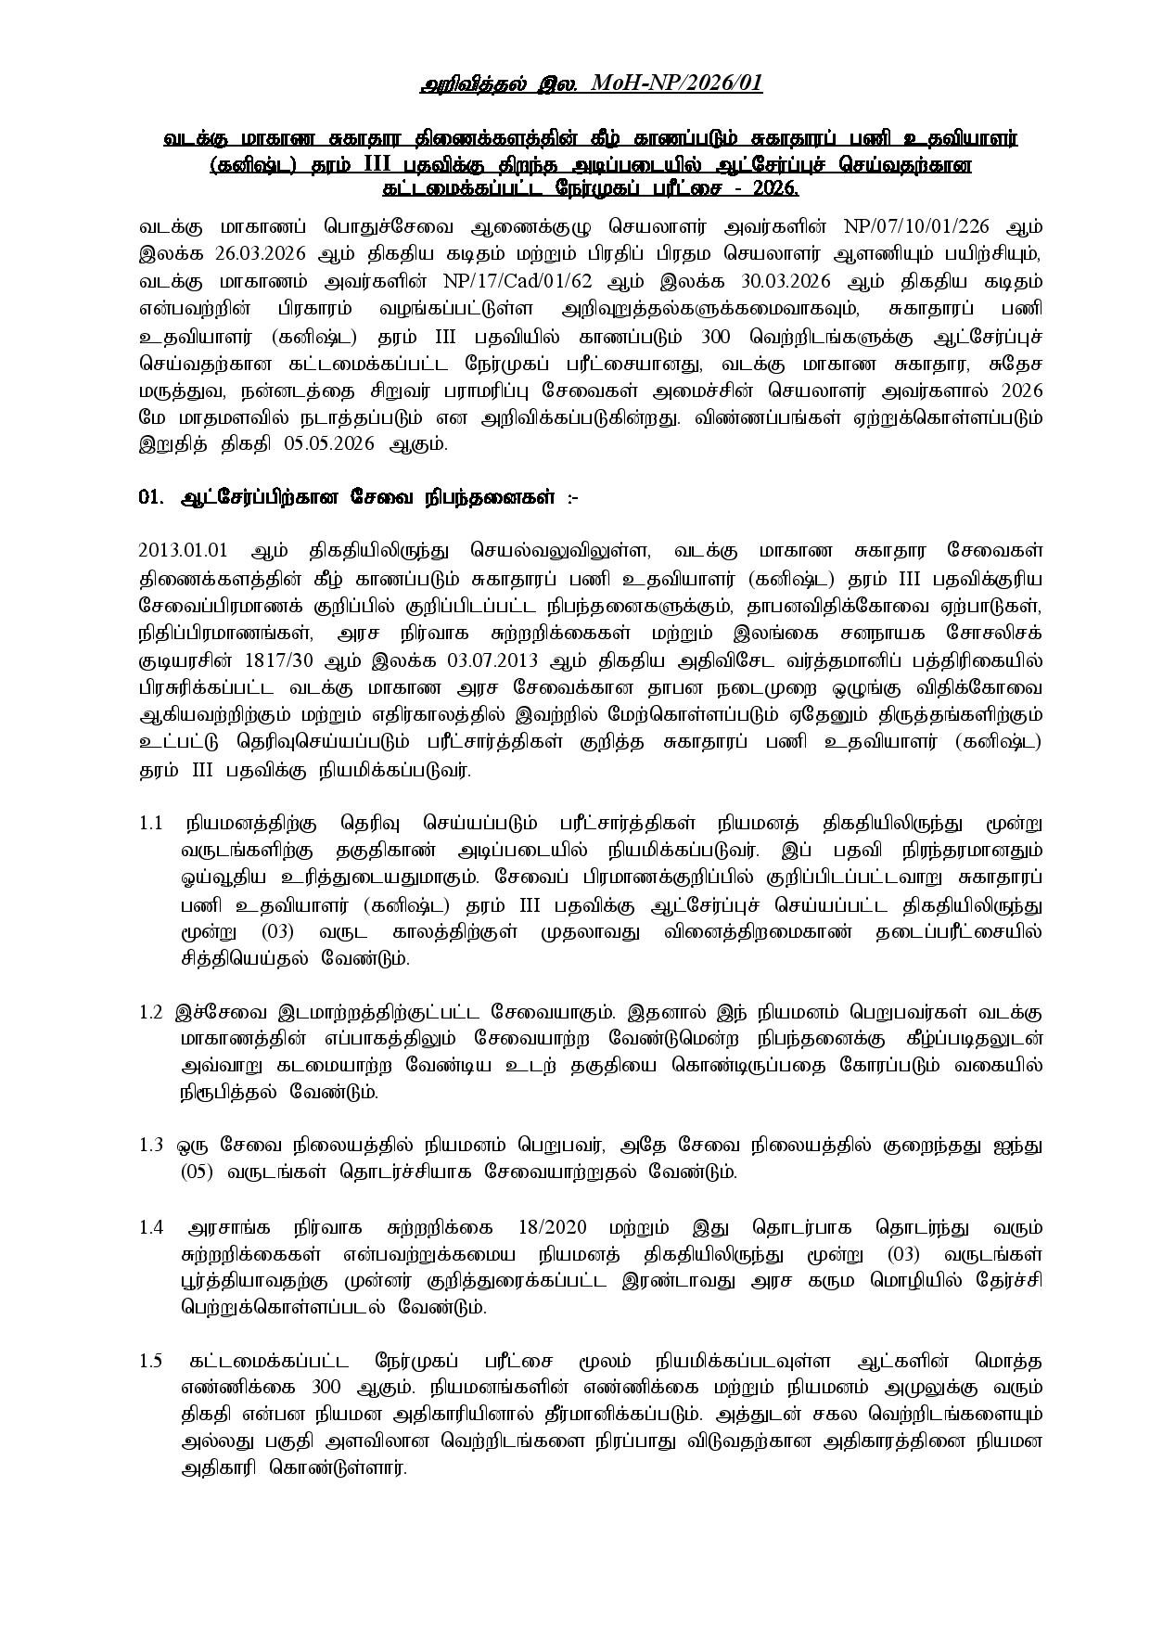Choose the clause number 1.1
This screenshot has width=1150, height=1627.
click(151, 824)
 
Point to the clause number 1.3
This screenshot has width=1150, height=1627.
click(151, 1146)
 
